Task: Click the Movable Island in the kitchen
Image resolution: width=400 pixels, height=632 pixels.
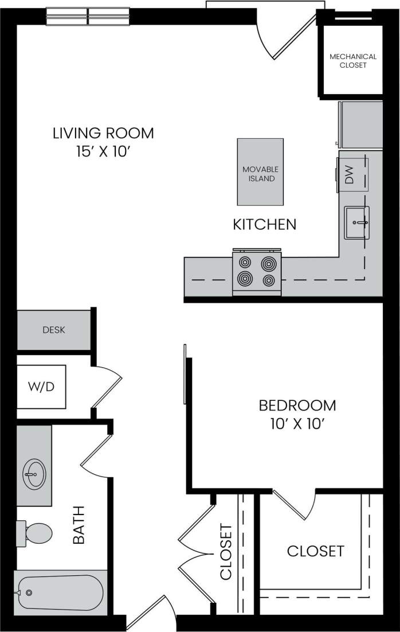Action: coord(261,172)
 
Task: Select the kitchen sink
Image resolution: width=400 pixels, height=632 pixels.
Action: coord(356,222)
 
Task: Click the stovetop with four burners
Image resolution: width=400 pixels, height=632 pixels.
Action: coord(257,272)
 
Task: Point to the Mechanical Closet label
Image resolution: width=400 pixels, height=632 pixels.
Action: coord(353,61)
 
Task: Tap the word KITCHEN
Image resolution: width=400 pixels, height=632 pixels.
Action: coord(264,224)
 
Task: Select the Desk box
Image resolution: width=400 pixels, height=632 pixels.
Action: coord(54,330)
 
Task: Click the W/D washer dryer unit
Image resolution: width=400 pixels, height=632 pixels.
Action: coord(41,387)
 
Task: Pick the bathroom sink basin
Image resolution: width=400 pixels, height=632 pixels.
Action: coord(33,473)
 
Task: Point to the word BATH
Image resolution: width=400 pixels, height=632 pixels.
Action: coord(79,524)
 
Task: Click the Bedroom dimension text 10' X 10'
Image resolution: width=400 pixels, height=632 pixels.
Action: coord(297,425)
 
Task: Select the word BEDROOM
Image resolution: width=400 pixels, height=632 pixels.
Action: coord(297,405)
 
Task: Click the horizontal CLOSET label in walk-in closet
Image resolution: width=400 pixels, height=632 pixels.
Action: coord(315,551)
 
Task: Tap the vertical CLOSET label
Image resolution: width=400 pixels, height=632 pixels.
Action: coord(226,551)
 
